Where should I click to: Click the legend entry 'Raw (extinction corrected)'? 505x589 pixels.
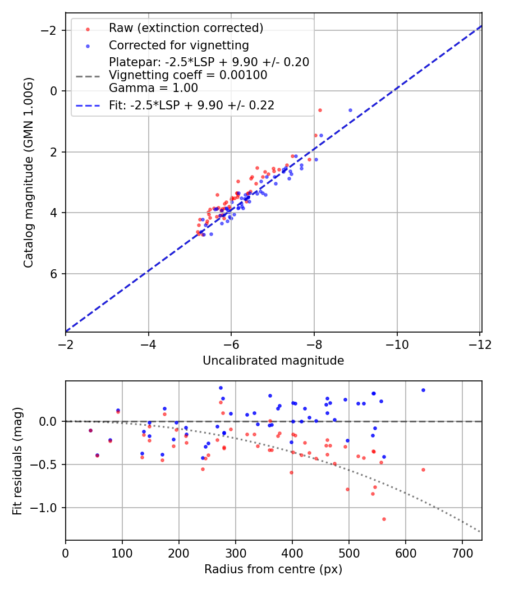point(186,28)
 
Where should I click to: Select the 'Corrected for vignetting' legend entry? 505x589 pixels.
point(178,45)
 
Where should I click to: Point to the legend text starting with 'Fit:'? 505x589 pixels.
point(191,105)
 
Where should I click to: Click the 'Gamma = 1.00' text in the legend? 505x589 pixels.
point(153,88)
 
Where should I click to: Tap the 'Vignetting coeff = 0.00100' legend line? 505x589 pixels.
point(188,75)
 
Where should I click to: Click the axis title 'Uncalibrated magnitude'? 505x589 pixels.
point(273,361)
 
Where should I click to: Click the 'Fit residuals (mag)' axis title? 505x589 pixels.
point(18,461)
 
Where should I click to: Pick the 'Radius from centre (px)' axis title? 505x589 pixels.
point(273,569)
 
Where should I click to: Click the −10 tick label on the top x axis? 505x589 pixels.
point(397,344)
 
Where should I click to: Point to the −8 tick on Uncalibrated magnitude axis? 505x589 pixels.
point(314,344)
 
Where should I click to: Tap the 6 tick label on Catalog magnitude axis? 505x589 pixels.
point(54,274)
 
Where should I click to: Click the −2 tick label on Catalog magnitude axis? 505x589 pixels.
point(50,30)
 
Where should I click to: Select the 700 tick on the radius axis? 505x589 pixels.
point(462,553)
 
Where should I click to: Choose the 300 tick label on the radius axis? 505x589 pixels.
point(235,553)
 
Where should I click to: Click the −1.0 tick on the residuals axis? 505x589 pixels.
point(46,508)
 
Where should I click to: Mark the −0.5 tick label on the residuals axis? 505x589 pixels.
point(46,464)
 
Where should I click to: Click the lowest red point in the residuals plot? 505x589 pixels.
point(384,519)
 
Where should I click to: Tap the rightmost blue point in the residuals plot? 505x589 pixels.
point(423,390)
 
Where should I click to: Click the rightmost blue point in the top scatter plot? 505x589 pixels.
point(351,110)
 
